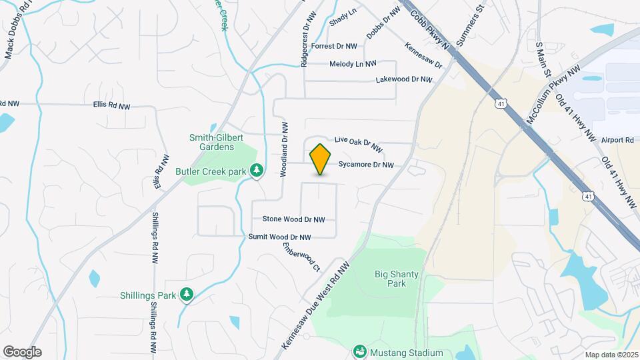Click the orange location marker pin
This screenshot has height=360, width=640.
click(x=321, y=159)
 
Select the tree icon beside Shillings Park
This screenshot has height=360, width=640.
click(x=187, y=295)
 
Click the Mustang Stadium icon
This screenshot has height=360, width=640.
click(x=360, y=351)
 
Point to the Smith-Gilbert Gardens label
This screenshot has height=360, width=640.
click(x=212, y=142)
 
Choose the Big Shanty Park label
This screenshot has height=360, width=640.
click(x=391, y=278)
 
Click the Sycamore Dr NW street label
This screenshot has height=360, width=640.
click(x=366, y=165)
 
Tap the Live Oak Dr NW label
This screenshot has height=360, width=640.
click(x=358, y=144)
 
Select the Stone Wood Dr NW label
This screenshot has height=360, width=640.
click(x=293, y=219)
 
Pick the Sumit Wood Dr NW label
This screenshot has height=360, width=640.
click(x=279, y=237)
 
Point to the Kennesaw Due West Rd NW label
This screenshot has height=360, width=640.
click(x=315, y=305)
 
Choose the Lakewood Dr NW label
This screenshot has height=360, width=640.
click(x=404, y=79)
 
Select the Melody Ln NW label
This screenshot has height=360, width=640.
click(x=353, y=64)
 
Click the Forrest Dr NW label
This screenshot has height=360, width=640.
click(x=334, y=46)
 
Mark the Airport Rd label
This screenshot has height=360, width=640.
click(x=617, y=140)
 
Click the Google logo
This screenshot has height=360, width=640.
click(x=22, y=352)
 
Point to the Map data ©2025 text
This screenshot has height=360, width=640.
click(x=611, y=355)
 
